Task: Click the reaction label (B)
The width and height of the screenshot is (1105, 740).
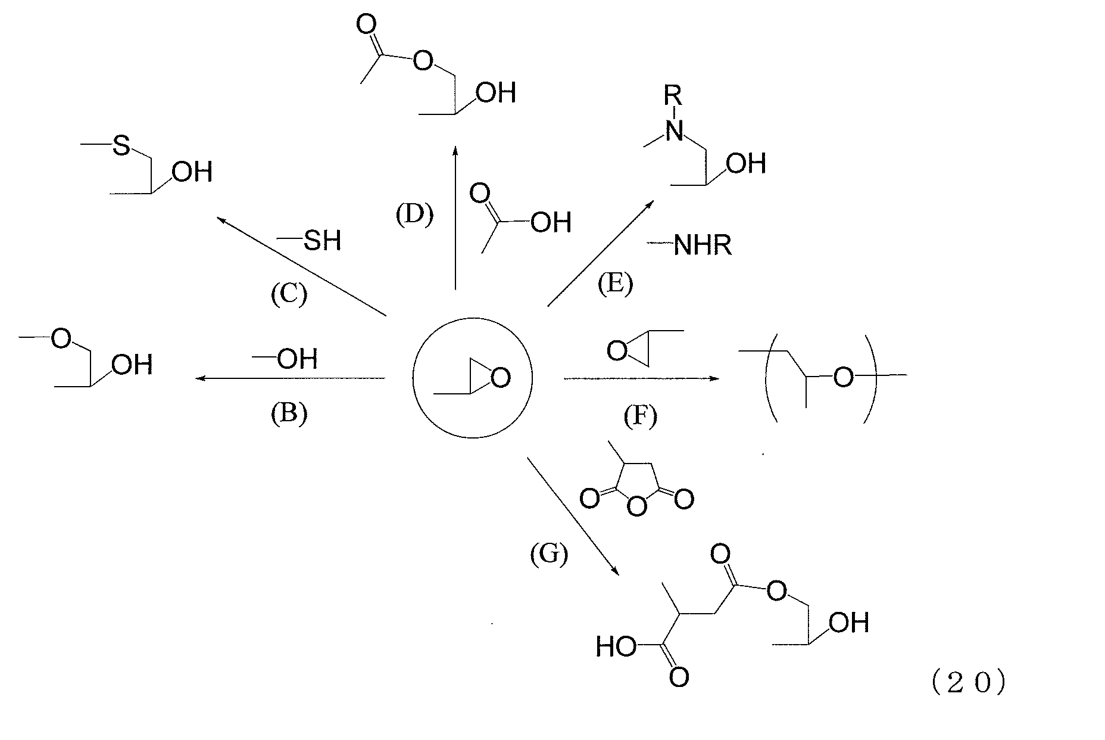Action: pos(289,413)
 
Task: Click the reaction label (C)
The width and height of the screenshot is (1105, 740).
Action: pos(289,294)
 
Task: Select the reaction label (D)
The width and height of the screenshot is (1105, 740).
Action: pos(414,214)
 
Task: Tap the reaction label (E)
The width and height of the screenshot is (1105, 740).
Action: pos(615,284)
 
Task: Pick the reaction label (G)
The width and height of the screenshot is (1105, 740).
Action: pos(548,554)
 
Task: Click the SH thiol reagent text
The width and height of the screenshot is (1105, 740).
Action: pos(322,241)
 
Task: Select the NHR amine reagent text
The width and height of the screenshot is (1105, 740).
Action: pos(703,245)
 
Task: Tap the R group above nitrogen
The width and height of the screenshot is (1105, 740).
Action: pos(673,95)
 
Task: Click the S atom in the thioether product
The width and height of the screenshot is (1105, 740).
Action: pos(121,145)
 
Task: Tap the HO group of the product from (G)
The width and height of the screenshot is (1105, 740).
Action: pos(616,647)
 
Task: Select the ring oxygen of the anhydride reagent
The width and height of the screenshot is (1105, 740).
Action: pos(637,507)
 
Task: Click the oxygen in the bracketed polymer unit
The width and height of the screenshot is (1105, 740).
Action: pos(842,377)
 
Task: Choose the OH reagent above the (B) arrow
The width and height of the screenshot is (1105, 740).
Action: pos(297,359)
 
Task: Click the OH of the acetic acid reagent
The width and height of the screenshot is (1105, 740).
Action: pos(551,222)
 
